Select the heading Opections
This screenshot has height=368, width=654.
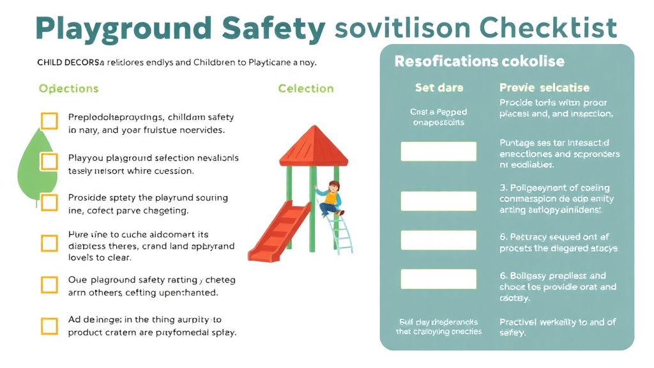click(x=68, y=88)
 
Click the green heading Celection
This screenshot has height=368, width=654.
click(x=306, y=88)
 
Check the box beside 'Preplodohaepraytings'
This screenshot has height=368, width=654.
click(x=49, y=121)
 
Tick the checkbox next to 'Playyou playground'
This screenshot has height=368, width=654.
click(x=49, y=162)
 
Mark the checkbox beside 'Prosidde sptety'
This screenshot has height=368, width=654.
click(x=49, y=202)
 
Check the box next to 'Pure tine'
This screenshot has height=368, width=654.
click(x=49, y=243)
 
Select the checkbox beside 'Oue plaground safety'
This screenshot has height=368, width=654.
click(x=49, y=284)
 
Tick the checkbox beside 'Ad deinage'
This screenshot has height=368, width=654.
click(x=49, y=326)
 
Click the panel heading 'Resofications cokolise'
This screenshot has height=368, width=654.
click(x=479, y=61)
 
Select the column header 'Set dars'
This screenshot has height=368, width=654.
click(x=439, y=88)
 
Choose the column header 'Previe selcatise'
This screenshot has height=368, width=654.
click(x=544, y=88)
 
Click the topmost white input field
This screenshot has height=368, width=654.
click(x=438, y=151)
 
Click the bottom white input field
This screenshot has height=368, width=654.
click(x=438, y=279)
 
